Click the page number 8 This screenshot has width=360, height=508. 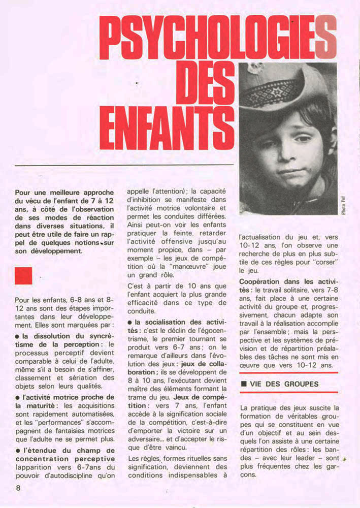coord(18,488)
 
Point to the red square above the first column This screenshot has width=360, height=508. coord(23,276)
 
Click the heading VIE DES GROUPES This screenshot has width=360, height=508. coord(284,384)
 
